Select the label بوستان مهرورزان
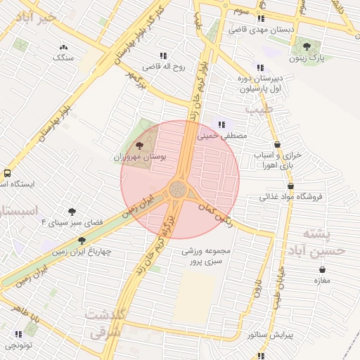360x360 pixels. pyautogui.click(x=139, y=158)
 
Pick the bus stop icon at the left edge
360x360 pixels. pyautogui.click(x=7, y=172)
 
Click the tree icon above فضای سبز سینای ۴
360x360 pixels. pyautogui.click(x=72, y=210)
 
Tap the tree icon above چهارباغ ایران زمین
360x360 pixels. pyautogui.click(x=82, y=241)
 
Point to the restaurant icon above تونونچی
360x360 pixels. pyautogui.click(x=19, y=333)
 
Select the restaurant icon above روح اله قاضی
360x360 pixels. pyautogui.click(x=163, y=55)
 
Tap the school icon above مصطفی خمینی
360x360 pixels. pyautogui.click(x=222, y=124)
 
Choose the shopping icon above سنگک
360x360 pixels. pyautogui.click(x=63, y=48)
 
